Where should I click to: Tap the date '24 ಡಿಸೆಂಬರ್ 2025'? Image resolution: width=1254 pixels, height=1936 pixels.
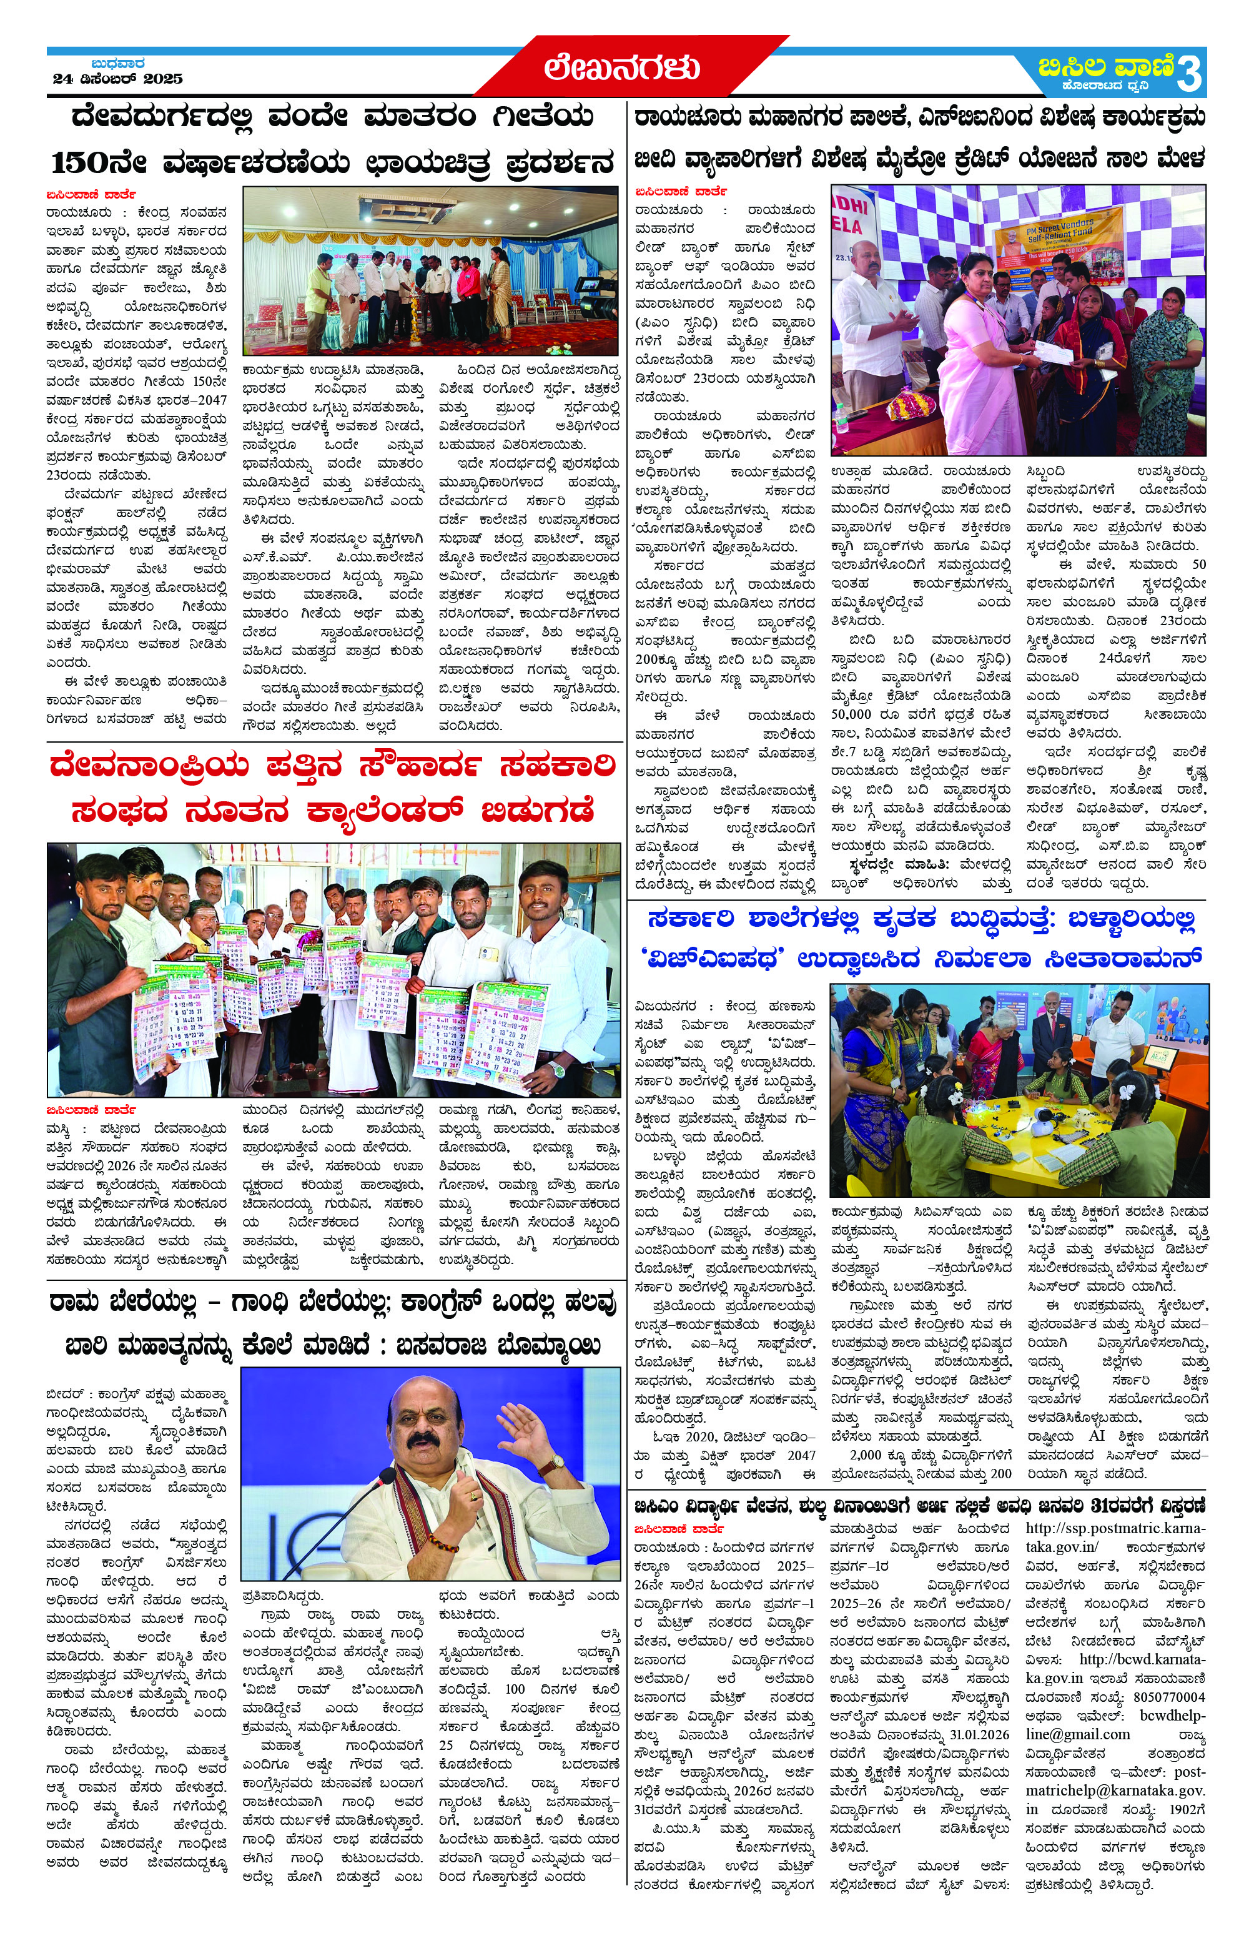118,79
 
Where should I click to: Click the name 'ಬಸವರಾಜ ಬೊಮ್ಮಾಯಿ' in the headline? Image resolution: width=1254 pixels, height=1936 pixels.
498,1345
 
